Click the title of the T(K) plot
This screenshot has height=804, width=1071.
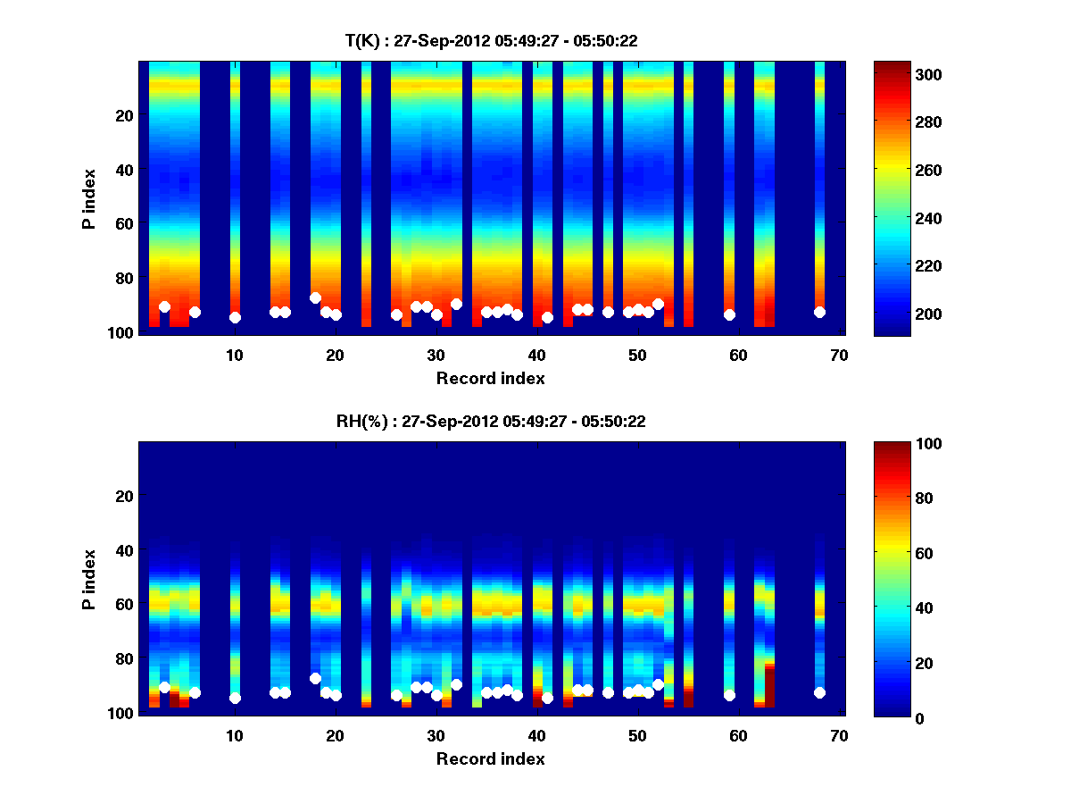click(491, 40)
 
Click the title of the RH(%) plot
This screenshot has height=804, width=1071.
click(491, 421)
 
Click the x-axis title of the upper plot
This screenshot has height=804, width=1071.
click(491, 379)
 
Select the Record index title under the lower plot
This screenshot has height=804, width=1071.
click(491, 759)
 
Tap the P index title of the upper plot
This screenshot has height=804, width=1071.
click(89, 197)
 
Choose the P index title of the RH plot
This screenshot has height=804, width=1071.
click(89, 578)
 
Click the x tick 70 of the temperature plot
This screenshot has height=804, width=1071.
click(839, 355)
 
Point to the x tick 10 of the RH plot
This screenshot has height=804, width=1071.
click(235, 735)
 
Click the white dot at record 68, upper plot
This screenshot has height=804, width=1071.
click(819, 312)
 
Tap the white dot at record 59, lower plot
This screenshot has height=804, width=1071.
click(729, 695)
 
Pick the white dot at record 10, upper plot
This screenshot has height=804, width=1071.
click(235, 317)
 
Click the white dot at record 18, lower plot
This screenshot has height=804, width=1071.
click(315, 678)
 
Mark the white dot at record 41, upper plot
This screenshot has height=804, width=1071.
click(547, 317)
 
